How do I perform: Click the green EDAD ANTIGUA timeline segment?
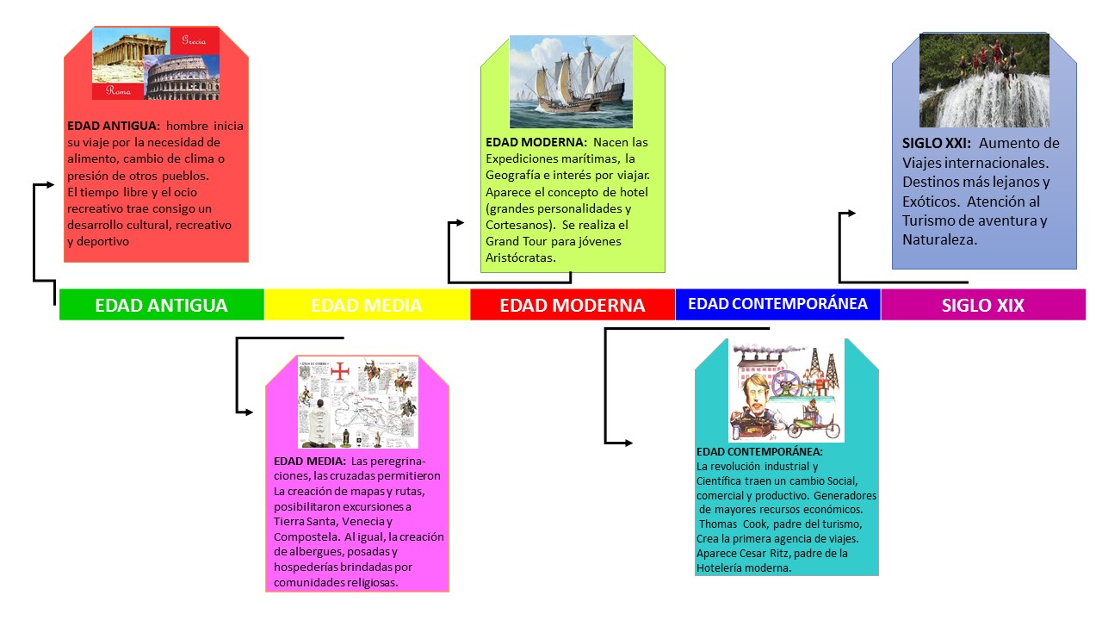tap(161, 305)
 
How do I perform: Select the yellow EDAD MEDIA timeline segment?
tap(367, 305)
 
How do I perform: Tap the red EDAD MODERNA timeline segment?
tap(573, 305)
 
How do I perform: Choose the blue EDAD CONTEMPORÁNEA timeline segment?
tap(777, 304)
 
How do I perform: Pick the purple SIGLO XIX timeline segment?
tap(982, 305)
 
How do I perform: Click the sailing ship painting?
tap(571, 82)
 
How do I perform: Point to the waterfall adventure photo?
tap(984, 80)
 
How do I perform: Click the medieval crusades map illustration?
tap(357, 402)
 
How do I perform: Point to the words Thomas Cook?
tap(731, 524)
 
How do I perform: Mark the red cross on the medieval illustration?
tap(341, 371)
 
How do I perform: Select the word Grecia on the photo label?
tap(194, 40)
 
